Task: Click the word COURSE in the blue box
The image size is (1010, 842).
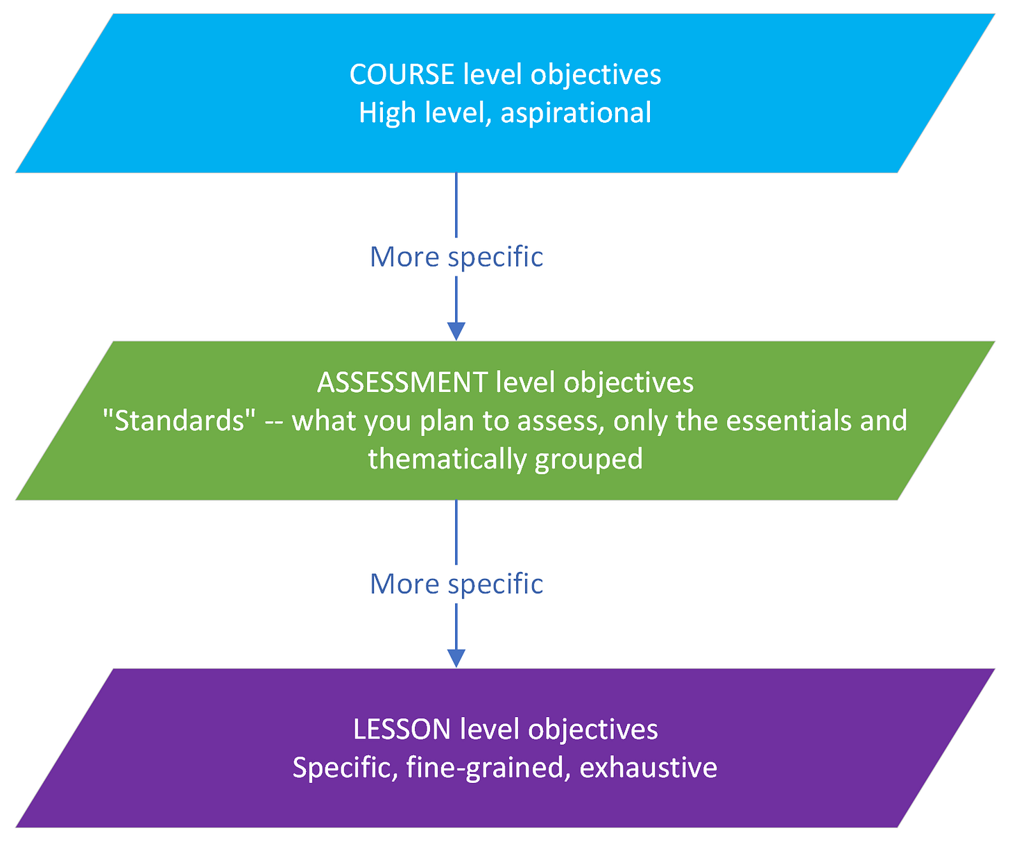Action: coord(402,74)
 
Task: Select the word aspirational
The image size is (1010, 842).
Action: coord(576,113)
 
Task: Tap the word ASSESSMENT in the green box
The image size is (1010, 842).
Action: coord(402,382)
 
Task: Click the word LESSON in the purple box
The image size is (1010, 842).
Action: coord(402,730)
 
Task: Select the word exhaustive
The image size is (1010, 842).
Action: coord(648,768)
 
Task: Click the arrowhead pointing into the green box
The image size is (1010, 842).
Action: coord(456,331)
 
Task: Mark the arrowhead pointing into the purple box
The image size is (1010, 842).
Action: coord(456,658)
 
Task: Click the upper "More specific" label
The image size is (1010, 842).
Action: coord(456,257)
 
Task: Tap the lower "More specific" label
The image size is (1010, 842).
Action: coord(456,584)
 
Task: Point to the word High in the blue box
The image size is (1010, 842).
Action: coord(384,113)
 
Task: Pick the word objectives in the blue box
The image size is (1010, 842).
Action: coord(596,74)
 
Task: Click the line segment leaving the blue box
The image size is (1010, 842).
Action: coord(456,205)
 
